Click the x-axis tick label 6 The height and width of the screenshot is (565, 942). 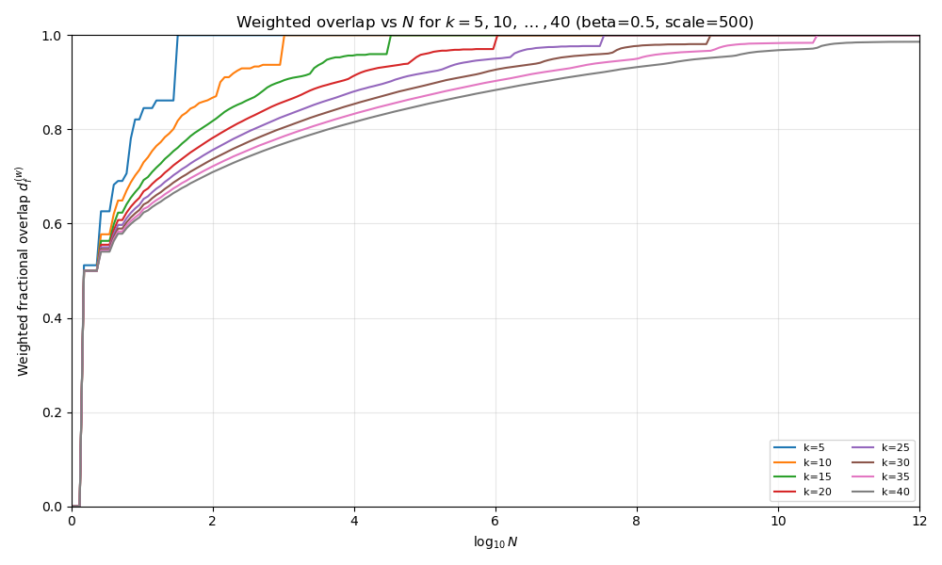(495, 521)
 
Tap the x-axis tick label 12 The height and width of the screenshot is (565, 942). (919, 521)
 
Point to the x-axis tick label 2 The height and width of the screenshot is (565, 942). (213, 521)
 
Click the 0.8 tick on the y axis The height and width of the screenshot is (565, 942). (54, 130)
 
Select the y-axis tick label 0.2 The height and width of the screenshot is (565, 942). (54, 412)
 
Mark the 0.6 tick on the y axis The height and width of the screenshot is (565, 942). (54, 224)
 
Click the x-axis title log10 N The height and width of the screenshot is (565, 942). (495, 541)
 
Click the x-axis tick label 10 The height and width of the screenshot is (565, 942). (778, 521)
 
